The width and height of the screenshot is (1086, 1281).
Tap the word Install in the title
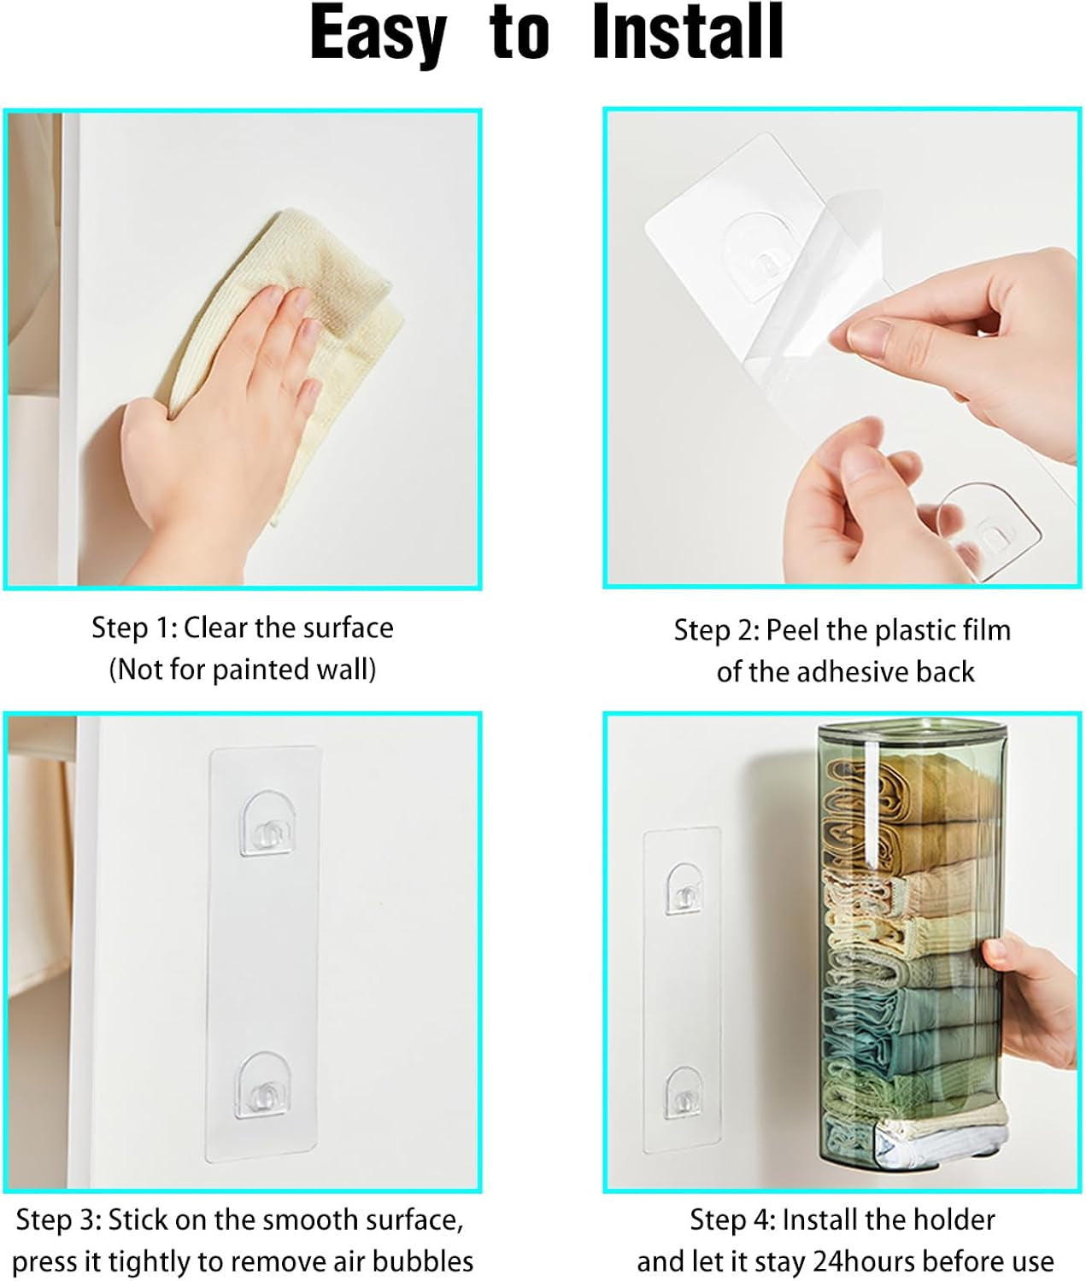(x=687, y=32)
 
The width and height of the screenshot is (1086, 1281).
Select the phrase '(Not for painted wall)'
(x=243, y=670)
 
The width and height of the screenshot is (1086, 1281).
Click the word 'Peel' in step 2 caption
(x=793, y=630)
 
